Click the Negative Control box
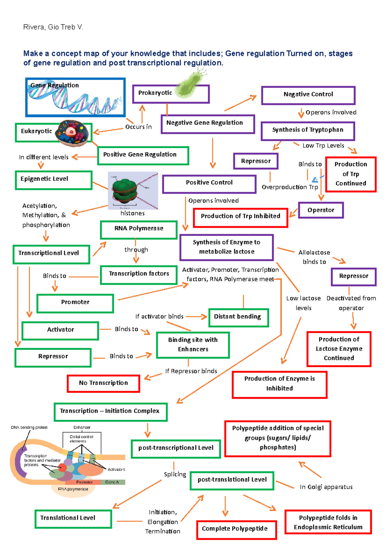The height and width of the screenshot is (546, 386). (x=308, y=95)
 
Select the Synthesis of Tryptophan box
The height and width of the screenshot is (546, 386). (x=308, y=131)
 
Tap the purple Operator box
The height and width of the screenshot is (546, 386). (x=321, y=210)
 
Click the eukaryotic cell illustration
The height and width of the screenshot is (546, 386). (x=72, y=132)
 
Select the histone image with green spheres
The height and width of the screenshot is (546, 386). (x=133, y=191)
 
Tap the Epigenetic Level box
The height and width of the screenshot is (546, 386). (x=54, y=180)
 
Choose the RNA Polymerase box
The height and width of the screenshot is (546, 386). (x=139, y=229)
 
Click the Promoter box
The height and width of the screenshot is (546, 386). (x=75, y=303)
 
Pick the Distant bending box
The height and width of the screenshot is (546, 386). (x=238, y=317)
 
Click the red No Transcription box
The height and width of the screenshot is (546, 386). (x=103, y=383)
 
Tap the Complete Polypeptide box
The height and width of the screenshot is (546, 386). (x=236, y=529)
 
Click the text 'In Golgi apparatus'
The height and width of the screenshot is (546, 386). (x=326, y=487)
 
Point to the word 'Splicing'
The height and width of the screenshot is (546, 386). (x=175, y=475)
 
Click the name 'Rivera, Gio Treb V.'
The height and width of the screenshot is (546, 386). (x=53, y=27)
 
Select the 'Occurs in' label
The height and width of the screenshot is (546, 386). (x=138, y=127)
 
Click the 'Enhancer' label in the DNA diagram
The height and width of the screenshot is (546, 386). (x=82, y=427)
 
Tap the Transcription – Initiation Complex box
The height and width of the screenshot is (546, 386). (x=110, y=412)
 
